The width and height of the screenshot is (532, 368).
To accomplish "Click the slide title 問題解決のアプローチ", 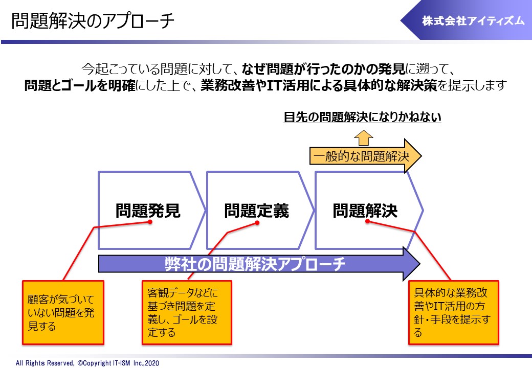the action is pyautogui.click(x=93, y=21).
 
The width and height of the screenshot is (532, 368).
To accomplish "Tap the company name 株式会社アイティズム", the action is pyautogui.click(x=473, y=21).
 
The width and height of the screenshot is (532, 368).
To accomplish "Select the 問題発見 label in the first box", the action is pyautogui.click(x=148, y=211).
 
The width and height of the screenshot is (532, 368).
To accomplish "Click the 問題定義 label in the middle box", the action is pyautogui.click(x=256, y=211).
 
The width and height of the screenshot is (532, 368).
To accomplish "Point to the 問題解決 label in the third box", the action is pyautogui.click(x=365, y=211).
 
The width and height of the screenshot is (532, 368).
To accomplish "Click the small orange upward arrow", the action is pyautogui.click(x=363, y=137).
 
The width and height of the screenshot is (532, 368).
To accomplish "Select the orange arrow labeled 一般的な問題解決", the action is pyautogui.click(x=365, y=156).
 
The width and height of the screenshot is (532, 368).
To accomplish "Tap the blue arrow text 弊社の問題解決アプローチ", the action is pyautogui.click(x=255, y=264).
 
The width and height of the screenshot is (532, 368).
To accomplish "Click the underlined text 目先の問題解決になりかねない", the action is pyautogui.click(x=362, y=117).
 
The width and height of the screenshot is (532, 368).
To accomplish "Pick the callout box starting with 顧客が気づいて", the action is pyautogui.click(x=63, y=312).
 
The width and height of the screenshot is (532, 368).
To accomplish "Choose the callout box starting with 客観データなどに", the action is pyautogui.click(x=187, y=312).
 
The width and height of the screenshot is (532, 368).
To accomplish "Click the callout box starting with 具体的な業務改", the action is pyautogui.click(x=454, y=312).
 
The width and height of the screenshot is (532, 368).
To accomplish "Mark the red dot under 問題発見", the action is pyautogui.click(x=150, y=222).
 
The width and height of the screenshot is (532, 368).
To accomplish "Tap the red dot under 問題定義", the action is pyautogui.click(x=257, y=223).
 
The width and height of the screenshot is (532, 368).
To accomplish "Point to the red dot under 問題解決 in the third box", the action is pyautogui.click(x=367, y=221).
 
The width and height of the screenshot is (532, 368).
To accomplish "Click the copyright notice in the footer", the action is pyautogui.click(x=87, y=363).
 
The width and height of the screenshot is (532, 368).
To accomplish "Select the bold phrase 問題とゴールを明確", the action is pyautogui.click(x=80, y=85).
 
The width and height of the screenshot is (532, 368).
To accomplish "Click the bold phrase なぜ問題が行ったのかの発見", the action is pyautogui.click(x=324, y=69).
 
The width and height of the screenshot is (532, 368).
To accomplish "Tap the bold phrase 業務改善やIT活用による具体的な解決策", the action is pyautogui.click(x=319, y=85).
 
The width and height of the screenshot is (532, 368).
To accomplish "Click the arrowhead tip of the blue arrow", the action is pyautogui.click(x=420, y=264).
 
